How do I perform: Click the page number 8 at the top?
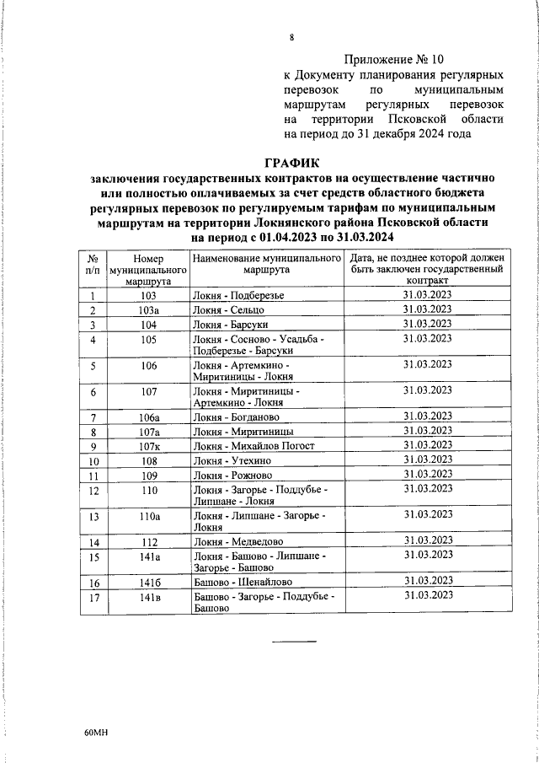coord(291,38)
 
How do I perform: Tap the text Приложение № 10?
coord(393,60)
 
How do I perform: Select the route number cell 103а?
coord(148,309)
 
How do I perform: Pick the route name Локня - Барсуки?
coord(232,324)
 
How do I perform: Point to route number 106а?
coord(149,416)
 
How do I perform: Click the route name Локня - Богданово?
coord(238,416)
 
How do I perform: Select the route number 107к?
coord(149,446)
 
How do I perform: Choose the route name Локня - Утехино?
coord(233,461)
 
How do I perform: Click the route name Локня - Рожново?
coord(234,476)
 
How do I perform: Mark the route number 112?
coord(149,541)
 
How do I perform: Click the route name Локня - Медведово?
coord(238,541)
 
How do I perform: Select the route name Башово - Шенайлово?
coord(243,582)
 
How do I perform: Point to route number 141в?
coord(149,596)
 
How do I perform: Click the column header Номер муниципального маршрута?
coord(147,269)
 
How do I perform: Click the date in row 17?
coord(427,596)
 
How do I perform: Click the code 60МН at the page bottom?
coord(98,733)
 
